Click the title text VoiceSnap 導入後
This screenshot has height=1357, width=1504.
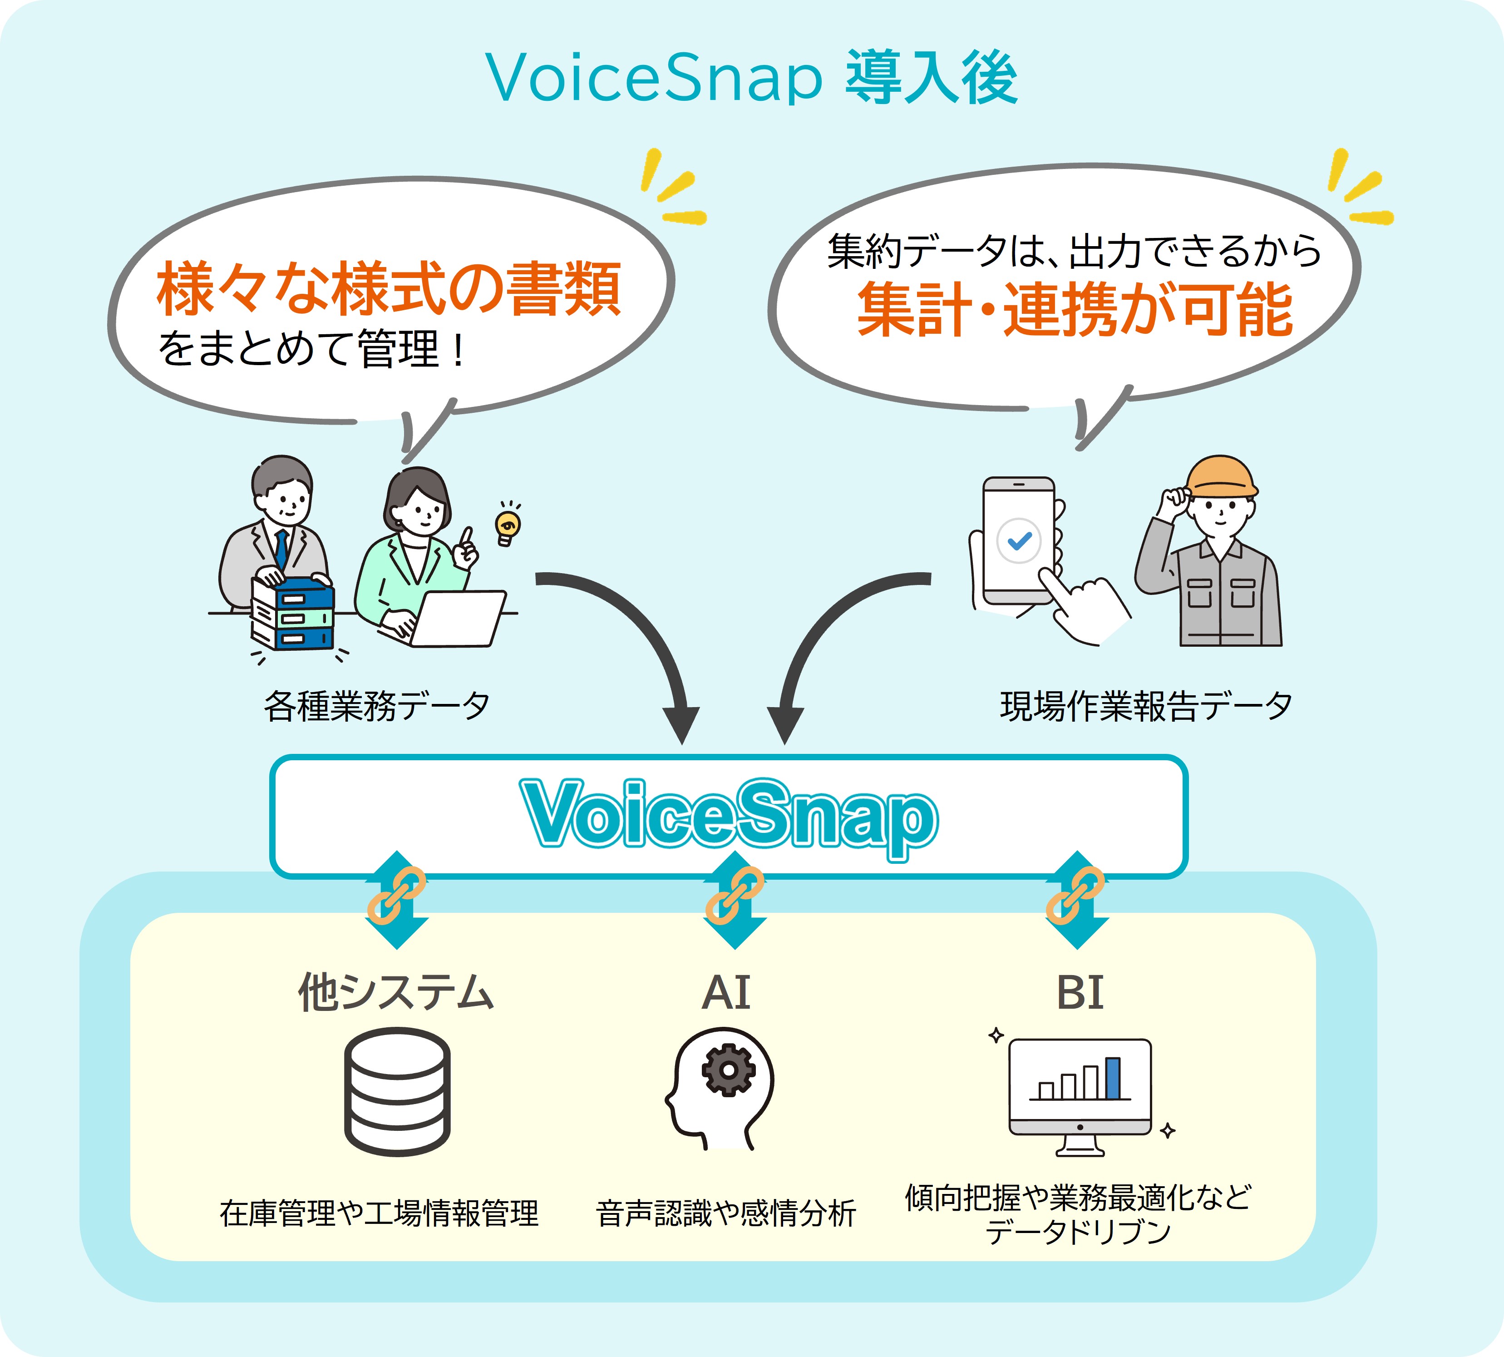751,78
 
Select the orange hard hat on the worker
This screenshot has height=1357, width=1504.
1222,477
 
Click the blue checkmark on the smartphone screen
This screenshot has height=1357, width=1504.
1019,540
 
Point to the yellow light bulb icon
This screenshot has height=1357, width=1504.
508,525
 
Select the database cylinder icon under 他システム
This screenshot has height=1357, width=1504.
397,1092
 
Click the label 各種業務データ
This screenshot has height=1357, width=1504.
376,705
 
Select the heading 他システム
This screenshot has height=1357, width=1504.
396,992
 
